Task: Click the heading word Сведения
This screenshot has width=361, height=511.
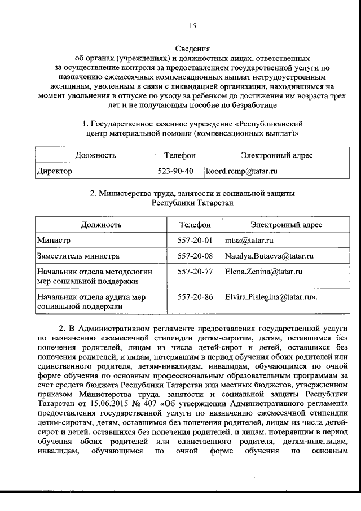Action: click(192, 49)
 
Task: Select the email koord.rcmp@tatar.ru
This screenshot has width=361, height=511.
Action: click(242, 170)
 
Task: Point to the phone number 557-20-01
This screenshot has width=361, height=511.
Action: click(195, 241)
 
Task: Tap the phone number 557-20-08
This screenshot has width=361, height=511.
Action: click(195, 256)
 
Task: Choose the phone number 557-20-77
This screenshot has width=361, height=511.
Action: click(195, 272)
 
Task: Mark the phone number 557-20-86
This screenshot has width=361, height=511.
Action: click(195, 296)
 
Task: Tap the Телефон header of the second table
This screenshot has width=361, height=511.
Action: click(195, 224)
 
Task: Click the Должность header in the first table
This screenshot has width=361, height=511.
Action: click(95, 155)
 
